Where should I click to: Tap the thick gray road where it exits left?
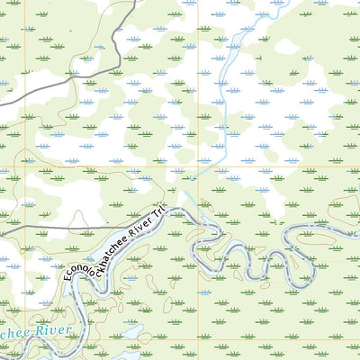tap(3, 102)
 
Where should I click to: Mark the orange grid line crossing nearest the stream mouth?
tap(197, 166)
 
